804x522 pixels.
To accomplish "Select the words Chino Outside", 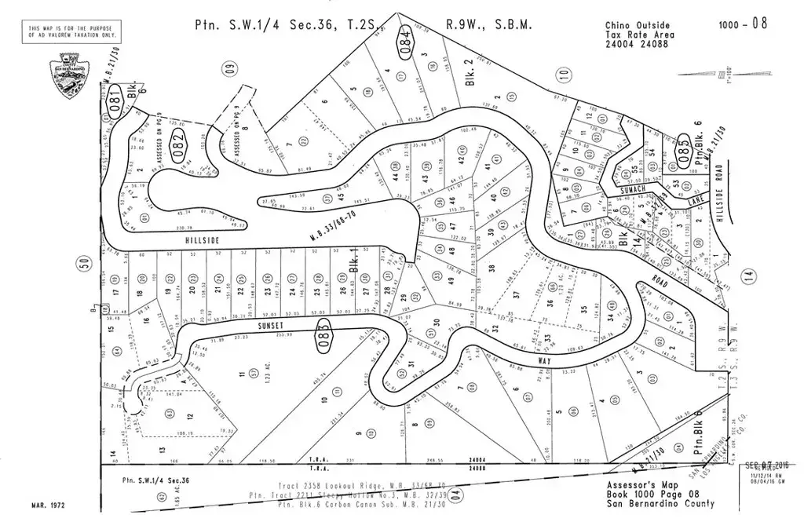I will tap(632, 24).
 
